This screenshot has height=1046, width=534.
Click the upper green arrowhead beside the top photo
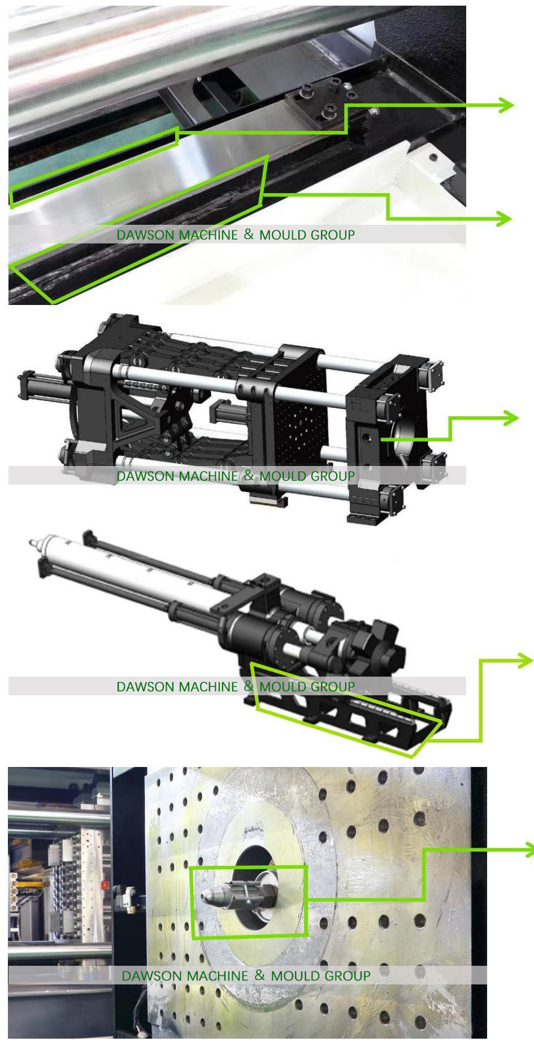506,104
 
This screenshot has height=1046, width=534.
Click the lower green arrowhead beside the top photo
504,217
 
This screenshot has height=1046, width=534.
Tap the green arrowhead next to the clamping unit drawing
511,418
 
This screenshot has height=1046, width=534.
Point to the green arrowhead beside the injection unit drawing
526,660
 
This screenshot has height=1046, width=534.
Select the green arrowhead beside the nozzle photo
529,849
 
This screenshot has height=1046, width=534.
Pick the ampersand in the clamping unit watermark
249,475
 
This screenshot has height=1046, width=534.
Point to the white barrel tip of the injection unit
35,543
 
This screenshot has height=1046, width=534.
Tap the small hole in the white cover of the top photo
433,157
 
